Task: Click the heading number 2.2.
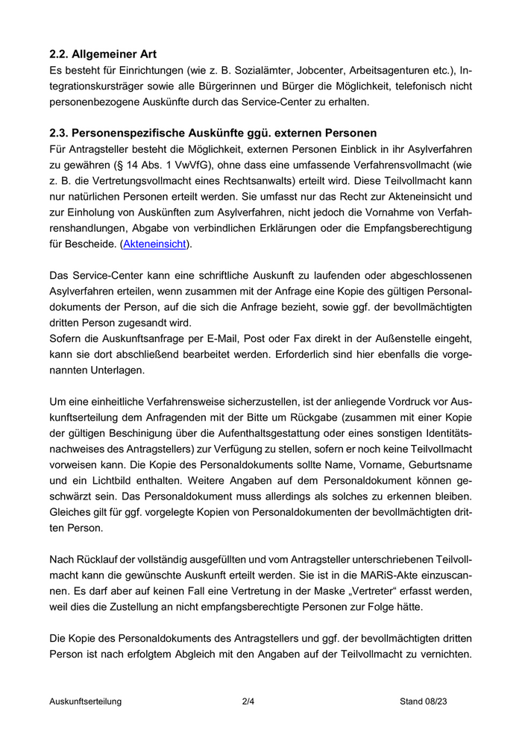click(x=60, y=54)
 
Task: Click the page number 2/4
click(x=248, y=701)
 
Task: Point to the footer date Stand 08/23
click(x=423, y=701)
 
